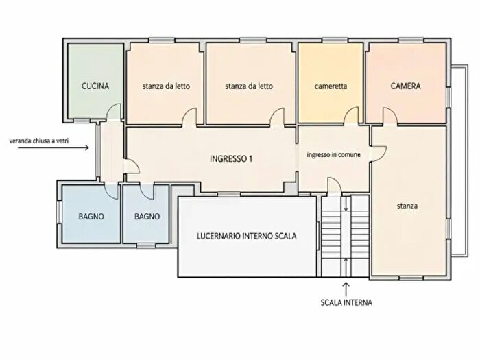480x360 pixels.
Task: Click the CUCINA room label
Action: [95, 86]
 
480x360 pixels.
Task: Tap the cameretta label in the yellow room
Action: [331, 86]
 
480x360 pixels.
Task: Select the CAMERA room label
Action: [406, 86]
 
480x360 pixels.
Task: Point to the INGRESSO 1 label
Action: [231, 159]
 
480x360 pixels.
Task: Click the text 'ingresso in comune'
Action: [334, 155]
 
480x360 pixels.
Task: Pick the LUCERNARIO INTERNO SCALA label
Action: [246, 236]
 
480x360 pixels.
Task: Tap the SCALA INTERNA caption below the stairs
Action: [346, 303]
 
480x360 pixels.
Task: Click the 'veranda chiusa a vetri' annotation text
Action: [39, 141]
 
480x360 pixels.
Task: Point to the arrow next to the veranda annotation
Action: [53, 148]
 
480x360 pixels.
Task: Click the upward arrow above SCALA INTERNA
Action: [346, 289]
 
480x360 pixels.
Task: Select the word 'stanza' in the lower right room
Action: [407, 206]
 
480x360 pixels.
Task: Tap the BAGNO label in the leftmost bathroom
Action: [91, 217]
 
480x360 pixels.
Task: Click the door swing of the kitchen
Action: [114, 111]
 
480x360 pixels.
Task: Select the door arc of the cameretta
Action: [351, 115]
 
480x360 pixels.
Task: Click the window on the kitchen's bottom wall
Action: [82, 121]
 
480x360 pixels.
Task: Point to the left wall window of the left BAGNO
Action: [60, 212]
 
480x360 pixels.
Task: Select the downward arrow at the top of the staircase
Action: [346, 204]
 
